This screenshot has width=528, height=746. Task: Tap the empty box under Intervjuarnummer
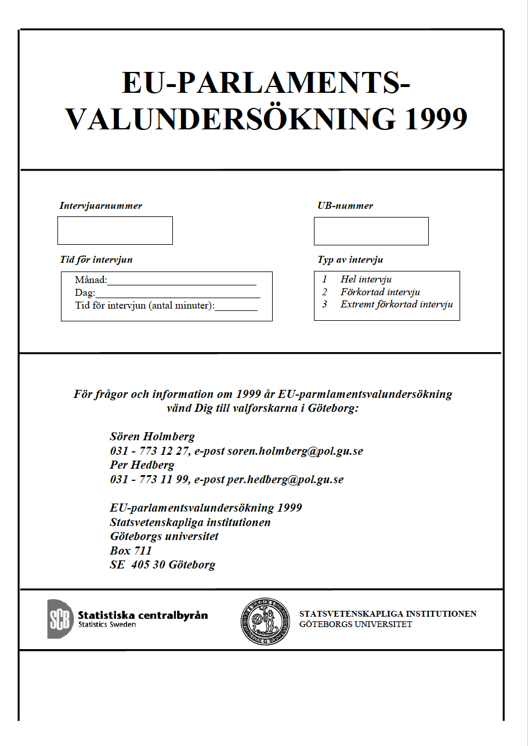click(x=115, y=230)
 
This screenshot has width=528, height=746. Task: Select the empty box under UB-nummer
click(x=371, y=231)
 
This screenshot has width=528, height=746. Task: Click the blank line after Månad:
click(x=182, y=282)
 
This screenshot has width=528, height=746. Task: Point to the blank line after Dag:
click(x=178, y=294)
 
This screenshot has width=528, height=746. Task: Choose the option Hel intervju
click(x=366, y=280)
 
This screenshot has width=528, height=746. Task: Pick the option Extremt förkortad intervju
click(x=396, y=305)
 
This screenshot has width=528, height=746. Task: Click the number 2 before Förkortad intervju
click(x=325, y=292)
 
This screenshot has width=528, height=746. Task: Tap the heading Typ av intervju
click(x=350, y=260)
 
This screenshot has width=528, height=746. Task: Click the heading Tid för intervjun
click(x=96, y=259)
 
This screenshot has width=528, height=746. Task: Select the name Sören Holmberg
click(x=152, y=437)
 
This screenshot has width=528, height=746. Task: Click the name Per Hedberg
click(x=142, y=465)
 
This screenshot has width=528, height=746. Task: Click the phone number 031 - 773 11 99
click(x=149, y=480)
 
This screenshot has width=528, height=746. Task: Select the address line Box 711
click(x=131, y=551)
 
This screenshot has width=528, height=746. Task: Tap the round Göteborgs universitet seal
click(x=265, y=621)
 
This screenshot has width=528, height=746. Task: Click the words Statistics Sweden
click(x=107, y=625)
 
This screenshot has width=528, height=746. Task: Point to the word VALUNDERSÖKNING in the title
click(x=230, y=118)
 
